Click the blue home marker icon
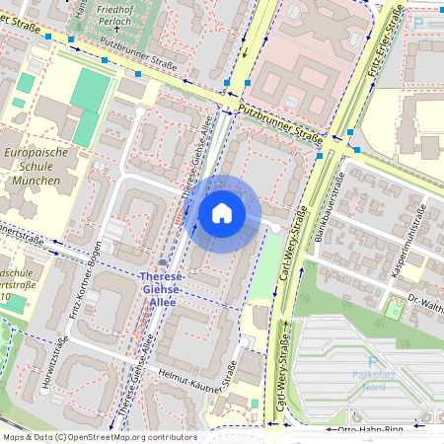tap(222, 213)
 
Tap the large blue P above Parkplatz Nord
tap(372, 363)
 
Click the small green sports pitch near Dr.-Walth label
tap(395, 311)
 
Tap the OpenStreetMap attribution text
tap(99, 436)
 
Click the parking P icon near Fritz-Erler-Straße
tap(418, 23)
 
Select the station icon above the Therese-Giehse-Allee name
tap(163, 262)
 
